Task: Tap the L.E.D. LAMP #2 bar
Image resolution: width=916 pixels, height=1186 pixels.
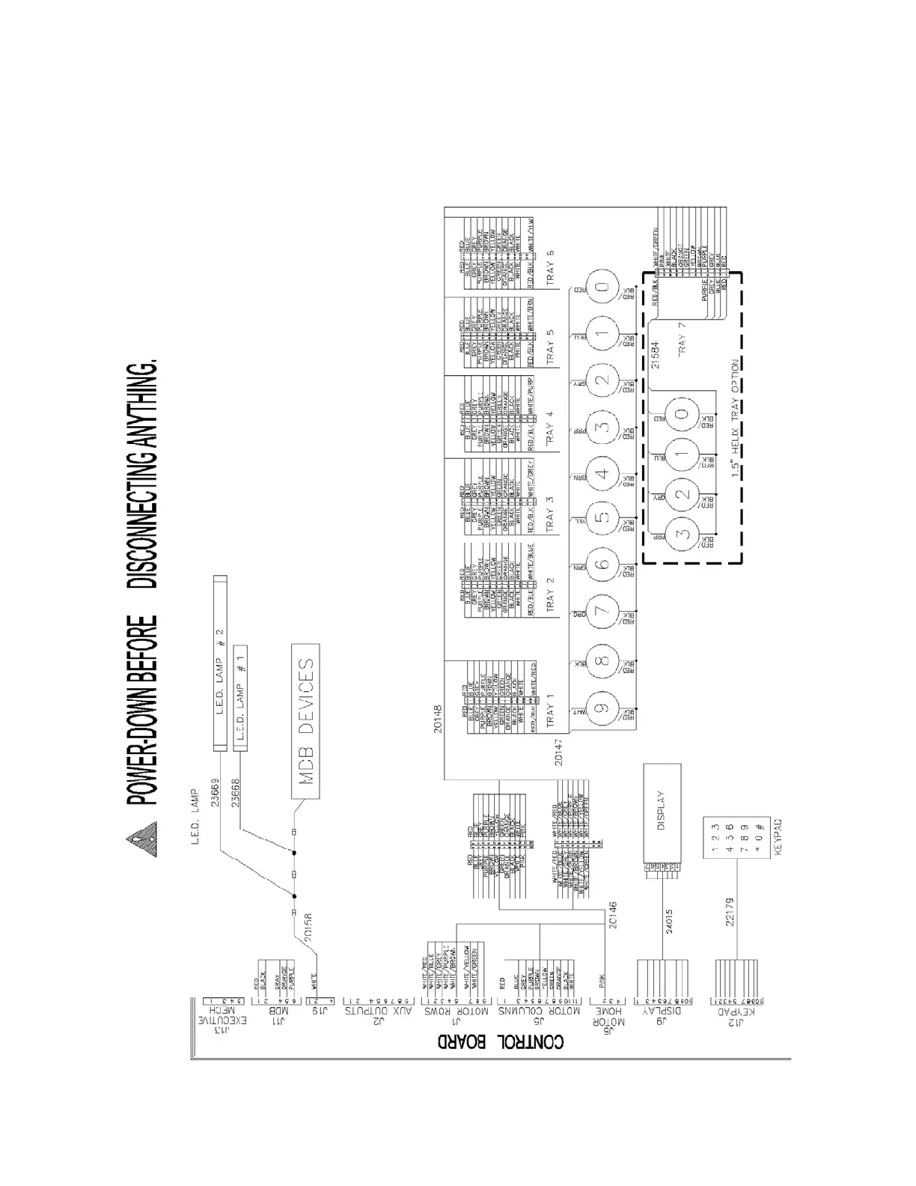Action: [x=220, y=663]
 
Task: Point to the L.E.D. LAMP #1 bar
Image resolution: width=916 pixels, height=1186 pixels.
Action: [x=239, y=695]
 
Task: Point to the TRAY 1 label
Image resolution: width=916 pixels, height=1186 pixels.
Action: [x=551, y=707]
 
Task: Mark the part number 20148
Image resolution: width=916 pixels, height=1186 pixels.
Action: [x=439, y=720]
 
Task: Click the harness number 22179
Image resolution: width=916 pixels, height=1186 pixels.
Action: [x=730, y=911]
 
